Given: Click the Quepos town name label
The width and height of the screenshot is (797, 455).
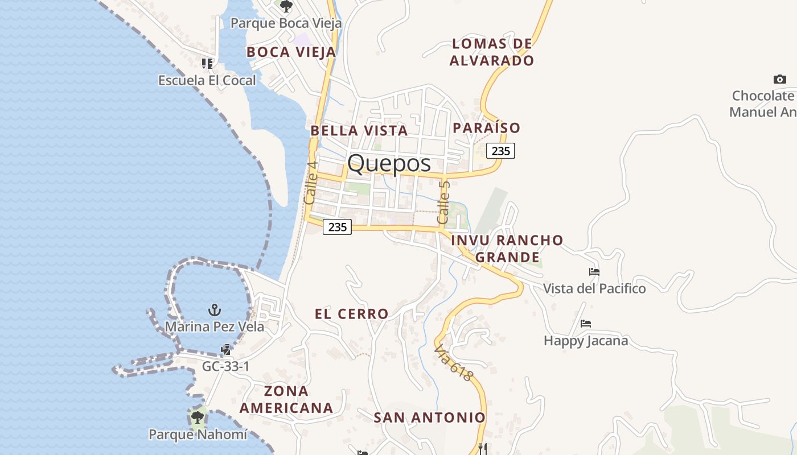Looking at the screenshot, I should point(389,164).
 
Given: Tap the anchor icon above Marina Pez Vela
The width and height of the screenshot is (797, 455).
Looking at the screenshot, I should point(215,310).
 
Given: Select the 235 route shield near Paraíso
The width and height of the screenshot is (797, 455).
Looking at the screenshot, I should point(500,151).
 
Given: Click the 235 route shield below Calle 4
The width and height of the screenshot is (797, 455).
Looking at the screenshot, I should point(338,227).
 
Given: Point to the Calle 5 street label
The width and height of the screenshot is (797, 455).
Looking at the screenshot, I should point(443,202).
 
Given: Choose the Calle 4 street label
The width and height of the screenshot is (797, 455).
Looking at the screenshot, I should point(310,183).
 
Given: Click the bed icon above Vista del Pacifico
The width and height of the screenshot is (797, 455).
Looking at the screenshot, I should point(594,272).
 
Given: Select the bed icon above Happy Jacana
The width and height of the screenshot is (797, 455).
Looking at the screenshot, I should point(586,324).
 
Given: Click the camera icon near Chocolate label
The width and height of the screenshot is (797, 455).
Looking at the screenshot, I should point(779,80).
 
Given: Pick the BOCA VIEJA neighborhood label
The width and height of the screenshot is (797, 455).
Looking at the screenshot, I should point(291,52).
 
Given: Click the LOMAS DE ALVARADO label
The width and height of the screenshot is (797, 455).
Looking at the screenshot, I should point(492,52).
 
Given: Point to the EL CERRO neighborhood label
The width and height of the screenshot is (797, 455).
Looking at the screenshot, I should point(352,314).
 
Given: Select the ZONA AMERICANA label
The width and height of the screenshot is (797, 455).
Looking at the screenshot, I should point(286,399).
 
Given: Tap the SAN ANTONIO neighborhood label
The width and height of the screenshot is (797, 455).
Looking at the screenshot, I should point(430,417).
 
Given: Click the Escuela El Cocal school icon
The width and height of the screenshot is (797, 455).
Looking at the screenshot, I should point(207,63).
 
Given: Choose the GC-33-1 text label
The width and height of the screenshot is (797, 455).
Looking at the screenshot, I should point(225,366).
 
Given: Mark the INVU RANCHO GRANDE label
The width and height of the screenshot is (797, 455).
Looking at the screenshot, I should point(507,249).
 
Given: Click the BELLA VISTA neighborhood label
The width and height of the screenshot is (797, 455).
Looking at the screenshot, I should point(359,131).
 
